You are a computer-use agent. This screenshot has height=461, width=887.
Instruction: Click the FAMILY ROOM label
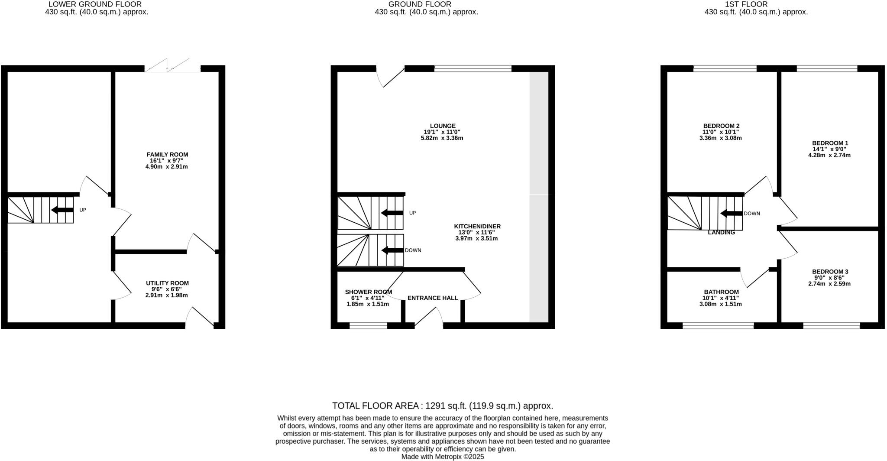point(167,155)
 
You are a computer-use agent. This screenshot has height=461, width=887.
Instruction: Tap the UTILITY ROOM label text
point(167,283)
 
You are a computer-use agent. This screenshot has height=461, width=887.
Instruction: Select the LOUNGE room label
point(443,126)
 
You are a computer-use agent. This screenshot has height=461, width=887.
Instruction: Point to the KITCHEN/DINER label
point(477,226)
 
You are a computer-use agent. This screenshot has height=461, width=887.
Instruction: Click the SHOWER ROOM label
point(368,292)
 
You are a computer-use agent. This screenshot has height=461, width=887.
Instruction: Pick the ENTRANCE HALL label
point(432,298)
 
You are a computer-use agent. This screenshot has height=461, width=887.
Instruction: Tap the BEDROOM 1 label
point(829,143)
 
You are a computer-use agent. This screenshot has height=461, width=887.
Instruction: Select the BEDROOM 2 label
point(721,126)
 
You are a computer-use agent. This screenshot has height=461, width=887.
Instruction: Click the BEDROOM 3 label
point(829,272)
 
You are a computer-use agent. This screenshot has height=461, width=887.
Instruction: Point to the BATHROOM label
point(721,292)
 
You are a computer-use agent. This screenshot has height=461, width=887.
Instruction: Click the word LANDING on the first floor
point(721,233)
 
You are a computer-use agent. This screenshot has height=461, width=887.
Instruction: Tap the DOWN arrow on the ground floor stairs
point(392,250)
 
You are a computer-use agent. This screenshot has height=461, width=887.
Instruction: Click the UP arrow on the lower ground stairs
point(62,210)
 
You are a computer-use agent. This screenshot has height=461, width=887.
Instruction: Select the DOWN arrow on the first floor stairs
point(732,214)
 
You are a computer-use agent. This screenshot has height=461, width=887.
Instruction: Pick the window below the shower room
point(368,326)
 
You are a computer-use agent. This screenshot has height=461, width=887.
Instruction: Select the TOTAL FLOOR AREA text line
point(443,406)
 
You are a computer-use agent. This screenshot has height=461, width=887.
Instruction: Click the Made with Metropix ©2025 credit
point(443,457)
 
